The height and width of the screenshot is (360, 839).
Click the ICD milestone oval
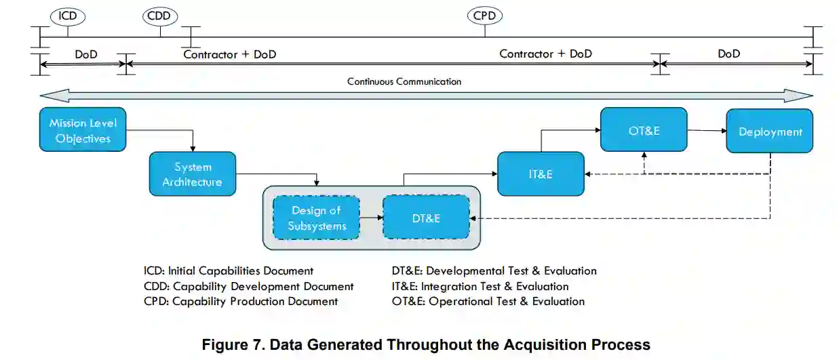(68, 16)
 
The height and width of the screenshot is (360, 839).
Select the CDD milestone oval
(161, 16)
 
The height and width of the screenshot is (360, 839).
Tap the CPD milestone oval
(484, 16)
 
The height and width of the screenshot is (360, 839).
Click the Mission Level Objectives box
(83, 130)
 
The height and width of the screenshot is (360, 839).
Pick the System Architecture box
(193, 174)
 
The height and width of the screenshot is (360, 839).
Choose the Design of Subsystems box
(317, 218)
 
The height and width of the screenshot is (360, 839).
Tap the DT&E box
(426, 218)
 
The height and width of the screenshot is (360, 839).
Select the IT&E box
(541, 174)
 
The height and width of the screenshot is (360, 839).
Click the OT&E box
(644, 130)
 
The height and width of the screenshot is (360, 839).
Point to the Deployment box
(770, 132)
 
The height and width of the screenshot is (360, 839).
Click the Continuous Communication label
(404, 81)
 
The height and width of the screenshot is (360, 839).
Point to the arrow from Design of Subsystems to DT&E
(371, 218)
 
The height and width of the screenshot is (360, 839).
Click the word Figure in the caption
(228, 344)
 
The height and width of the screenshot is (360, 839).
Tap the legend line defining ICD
(229, 271)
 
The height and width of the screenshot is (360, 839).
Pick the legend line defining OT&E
(488, 301)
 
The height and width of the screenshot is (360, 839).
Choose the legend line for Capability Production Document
(241, 301)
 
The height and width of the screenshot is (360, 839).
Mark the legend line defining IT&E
(480, 286)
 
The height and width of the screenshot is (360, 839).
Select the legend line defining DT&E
(494, 271)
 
